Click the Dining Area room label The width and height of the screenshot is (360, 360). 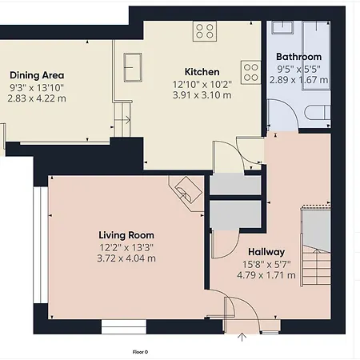[x=37, y=75]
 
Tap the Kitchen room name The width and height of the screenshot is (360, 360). [x=202, y=72]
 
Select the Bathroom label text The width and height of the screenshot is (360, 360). [x=298, y=57]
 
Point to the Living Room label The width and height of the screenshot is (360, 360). [x=126, y=235]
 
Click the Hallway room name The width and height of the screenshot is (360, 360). [x=266, y=252]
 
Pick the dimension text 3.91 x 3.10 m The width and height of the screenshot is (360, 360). [x=202, y=95]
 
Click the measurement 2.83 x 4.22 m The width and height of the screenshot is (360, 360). [x=37, y=98]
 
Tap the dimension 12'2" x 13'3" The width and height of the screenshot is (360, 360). [x=126, y=248]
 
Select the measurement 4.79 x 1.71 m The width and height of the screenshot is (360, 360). [x=266, y=275]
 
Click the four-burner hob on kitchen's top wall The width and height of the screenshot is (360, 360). [x=205, y=31]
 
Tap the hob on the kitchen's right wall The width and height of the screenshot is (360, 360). [x=250, y=73]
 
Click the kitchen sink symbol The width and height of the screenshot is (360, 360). [x=133, y=67]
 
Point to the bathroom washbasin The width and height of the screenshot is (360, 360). [x=282, y=27]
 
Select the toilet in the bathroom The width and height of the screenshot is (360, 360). [x=318, y=113]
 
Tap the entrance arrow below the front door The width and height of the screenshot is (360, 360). [x=242, y=337]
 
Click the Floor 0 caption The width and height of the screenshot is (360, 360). [x=140, y=352]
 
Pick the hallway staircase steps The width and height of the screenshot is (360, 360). [x=316, y=266]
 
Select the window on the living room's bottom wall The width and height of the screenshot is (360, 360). [x=124, y=326]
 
